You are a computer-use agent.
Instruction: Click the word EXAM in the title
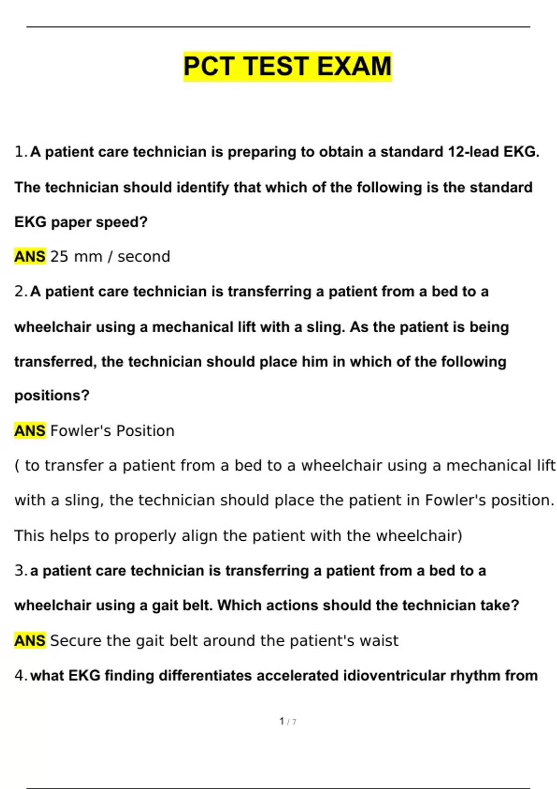(x=354, y=66)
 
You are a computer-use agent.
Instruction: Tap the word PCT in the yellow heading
(x=209, y=66)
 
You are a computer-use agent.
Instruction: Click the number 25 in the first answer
(x=59, y=256)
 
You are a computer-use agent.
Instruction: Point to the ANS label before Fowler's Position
(x=30, y=431)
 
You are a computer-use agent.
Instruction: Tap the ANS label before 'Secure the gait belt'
(x=30, y=640)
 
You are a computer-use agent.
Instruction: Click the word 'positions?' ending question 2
(x=52, y=395)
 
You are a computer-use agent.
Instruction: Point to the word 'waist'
(x=380, y=640)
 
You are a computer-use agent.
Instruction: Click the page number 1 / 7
(x=287, y=721)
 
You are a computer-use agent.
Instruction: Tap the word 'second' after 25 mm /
(x=143, y=256)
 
